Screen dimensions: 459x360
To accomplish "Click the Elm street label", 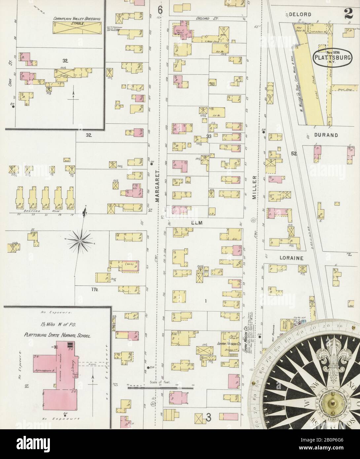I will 198,223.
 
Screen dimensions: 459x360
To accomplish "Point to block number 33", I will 208,136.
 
